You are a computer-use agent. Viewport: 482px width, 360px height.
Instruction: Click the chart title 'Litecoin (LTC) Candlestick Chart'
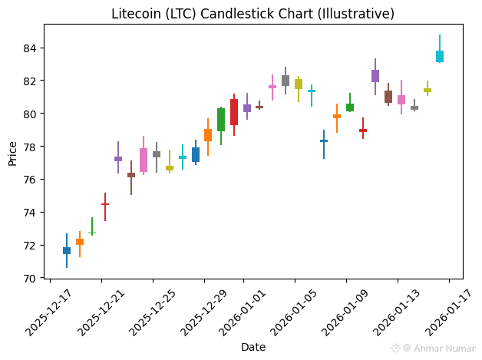(253, 14)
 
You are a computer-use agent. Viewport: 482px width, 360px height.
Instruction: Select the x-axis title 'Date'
(253, 347)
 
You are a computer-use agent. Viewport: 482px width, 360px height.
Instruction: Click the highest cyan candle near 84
(440, 56)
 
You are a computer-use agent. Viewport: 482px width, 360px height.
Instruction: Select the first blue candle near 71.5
(67, 250)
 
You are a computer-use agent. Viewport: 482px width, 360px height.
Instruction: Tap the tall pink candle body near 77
(144, 160)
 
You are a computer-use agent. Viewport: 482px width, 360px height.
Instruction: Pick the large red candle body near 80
(234, 112)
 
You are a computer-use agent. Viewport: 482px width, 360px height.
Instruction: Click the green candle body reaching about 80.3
(221, 119)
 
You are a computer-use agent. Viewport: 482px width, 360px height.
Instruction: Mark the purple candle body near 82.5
(375, 75)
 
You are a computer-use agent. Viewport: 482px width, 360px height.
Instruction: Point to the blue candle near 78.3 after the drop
(324, 141)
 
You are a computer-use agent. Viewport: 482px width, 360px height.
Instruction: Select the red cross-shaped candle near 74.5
(105, 204)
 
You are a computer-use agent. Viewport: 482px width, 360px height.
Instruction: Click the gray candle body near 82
(286, 80)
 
